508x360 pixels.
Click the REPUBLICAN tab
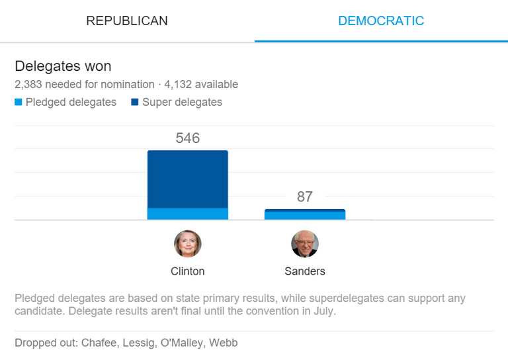tap(127, 21)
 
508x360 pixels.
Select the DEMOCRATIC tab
tap(381, 21)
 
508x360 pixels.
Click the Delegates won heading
tap(63, 66)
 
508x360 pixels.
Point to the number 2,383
tap(28, 85)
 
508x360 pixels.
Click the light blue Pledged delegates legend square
tap(19, 103)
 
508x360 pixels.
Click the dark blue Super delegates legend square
tap(135, 103)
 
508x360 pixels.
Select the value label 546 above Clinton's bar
tap(187, 138)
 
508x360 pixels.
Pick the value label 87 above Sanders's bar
tap(304, 197)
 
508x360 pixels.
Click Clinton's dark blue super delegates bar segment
tap(187, 179)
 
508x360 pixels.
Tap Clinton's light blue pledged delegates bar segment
tap(187, 214)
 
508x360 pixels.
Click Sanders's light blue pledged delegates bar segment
tap(304, 216)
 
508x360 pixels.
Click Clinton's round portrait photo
tap(187, 244)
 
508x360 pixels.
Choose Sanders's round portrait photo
tap(304, 244)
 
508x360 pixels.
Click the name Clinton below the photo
tap(187, 271)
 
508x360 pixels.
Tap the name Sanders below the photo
tap(304, 271)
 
